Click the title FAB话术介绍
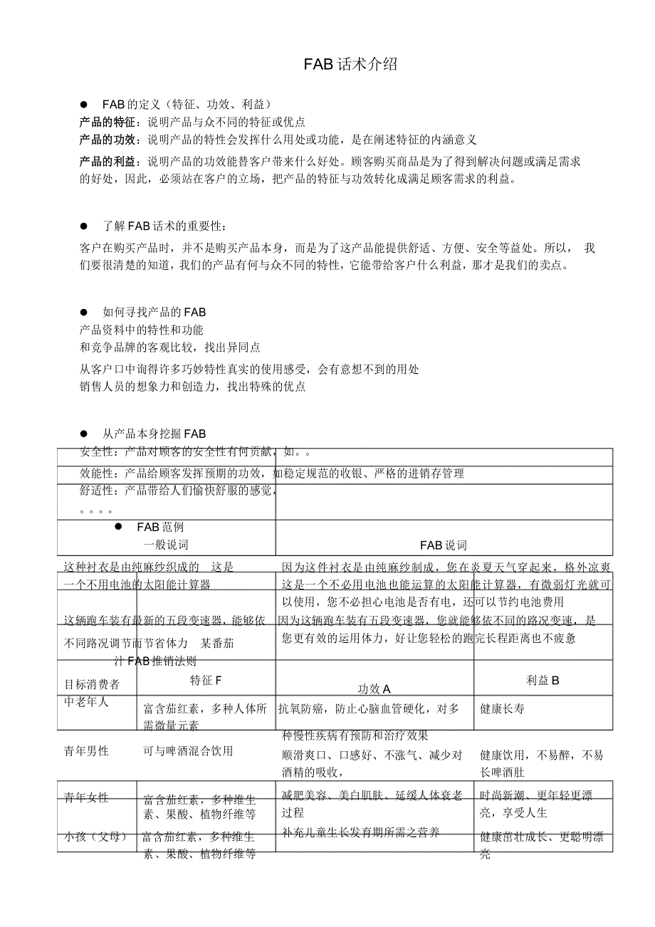click(350, 65)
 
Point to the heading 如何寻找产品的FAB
click(154, 312)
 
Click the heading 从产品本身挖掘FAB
click(154, 433)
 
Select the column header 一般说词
click(166, 545)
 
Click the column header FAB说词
click(443, 545)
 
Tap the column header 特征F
click(206, 680)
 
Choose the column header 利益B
click(543, 680)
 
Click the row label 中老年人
click(87, 701)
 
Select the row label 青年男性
click(87, 750)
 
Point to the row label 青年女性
click(87, 797)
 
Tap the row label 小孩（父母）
click(96, 837)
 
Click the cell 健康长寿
click(503, 708)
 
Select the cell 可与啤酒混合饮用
click(188, 751)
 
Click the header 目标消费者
click(92, 684)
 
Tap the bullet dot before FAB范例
click(119, 526)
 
